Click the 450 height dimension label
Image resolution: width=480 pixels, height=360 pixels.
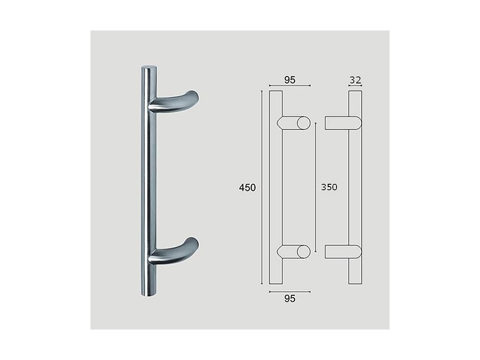[247, 187]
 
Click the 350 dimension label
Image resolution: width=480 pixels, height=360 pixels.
[329, 187]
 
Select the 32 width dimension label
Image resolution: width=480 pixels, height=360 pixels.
[355, 80]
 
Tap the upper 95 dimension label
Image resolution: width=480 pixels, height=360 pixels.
[290, 80]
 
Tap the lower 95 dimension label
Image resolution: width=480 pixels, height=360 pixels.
[290, 298]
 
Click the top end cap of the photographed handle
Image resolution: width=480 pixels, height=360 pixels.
[149, 67]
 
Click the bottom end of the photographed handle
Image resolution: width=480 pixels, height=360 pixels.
[149, 293]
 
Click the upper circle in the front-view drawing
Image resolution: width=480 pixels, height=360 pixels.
[303, 123]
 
